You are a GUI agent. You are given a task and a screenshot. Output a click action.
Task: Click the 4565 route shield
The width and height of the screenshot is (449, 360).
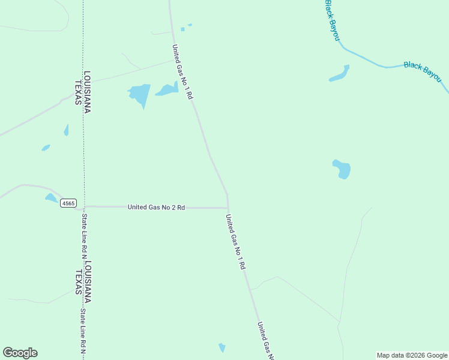tap(68, 203)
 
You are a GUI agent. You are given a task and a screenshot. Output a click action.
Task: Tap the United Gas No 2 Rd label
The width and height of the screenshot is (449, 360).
tap(156, 207)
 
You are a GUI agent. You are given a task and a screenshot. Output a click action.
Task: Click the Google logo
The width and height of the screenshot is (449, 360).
tap(20, 353)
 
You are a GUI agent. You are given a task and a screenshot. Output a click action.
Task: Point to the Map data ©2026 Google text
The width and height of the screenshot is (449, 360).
tap(412, 355)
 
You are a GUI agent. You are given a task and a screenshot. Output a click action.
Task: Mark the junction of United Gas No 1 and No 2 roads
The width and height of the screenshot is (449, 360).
tap(228, 208)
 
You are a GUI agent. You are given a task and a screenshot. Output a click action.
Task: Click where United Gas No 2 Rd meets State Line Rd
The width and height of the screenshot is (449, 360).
tap(85, 206)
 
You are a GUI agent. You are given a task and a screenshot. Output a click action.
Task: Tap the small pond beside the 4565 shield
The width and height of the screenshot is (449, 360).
tap(51, 197)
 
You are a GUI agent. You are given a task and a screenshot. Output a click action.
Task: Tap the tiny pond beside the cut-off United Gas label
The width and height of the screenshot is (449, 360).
tap(222, 347)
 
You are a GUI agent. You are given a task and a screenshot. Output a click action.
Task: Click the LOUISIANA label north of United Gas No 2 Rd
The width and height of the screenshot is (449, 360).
tap(87, 92)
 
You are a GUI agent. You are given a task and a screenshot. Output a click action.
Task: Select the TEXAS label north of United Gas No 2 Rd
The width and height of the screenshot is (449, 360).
tap(78, 92)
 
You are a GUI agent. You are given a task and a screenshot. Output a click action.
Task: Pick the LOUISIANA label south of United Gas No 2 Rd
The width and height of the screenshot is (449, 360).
tap(88, 281)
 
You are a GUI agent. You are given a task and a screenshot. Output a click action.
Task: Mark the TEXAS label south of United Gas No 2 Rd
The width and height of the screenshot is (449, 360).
tap(79, 282)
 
